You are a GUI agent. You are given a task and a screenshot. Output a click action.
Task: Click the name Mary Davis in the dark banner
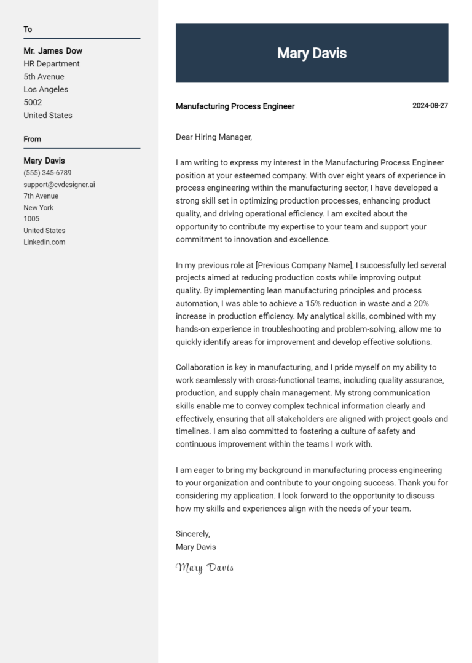point(312,54)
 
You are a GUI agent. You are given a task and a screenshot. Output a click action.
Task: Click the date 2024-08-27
point(430,106)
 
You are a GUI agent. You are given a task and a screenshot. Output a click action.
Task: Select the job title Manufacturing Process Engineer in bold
point(235,106)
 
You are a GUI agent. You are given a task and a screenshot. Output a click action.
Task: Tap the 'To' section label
point(28,30)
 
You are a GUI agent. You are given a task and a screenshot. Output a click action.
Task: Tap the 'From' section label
point(32,139)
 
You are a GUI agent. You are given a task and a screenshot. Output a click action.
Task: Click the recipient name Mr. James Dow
point(53,51)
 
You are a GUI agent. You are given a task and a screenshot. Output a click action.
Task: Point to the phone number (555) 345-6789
point(47,173)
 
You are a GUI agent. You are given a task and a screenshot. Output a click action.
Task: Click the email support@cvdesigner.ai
point(59,185)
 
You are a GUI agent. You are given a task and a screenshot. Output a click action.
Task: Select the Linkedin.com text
point(44,242)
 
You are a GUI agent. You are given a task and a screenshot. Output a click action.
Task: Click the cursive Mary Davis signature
point(205,567)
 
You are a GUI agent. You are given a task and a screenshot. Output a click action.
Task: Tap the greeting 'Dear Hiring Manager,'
point(214,137)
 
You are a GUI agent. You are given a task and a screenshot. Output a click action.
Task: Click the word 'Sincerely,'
point(192,534)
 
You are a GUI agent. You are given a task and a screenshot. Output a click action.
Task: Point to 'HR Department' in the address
point(52,64)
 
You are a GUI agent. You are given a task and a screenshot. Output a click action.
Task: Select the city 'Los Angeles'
point(46,90)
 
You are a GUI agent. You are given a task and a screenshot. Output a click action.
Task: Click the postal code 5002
point(33,103)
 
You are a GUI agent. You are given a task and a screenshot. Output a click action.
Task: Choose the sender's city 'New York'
point(38,208)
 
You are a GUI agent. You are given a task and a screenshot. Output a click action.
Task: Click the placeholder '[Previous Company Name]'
point(304,265)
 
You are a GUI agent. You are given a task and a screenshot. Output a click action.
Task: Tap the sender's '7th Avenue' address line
point(41,196)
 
